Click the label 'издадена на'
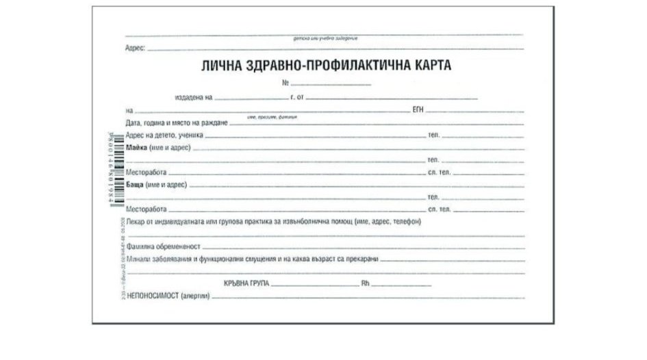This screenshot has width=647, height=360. [x=195, y=98]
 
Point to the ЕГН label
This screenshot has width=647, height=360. [x=420, y=110]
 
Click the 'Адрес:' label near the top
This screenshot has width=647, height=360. [x=136, y=49]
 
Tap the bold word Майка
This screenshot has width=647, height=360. [x=137, y=147]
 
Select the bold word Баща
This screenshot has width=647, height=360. [x=136, y=185]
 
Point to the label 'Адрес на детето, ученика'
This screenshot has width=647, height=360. [x=165, y=136]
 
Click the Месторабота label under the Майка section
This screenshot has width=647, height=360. [x=147, y=172]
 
